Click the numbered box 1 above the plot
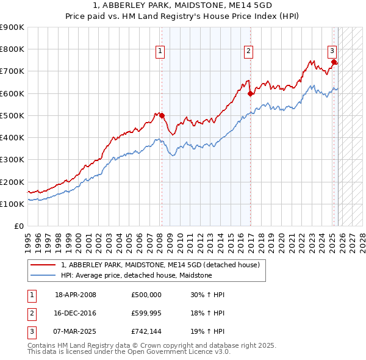click(160, 52)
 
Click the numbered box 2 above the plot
click(249, 52)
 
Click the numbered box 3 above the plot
click(332, 52)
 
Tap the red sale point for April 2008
click(162, 115)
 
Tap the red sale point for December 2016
click(251, 93)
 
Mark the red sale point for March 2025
click(334, 62)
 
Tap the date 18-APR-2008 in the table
click(76, 295)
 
